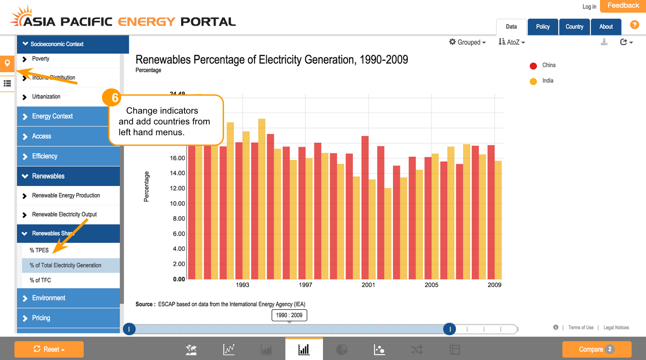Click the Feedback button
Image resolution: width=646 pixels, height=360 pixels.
623,6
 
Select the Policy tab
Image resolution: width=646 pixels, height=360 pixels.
543,27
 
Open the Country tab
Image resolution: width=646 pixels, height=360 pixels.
574,27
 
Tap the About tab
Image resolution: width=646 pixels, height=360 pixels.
606,27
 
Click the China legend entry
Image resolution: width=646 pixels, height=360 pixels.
548,65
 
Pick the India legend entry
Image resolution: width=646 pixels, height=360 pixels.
547,81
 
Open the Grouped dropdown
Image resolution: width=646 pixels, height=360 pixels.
468,42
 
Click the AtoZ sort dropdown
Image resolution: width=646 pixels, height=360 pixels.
512,42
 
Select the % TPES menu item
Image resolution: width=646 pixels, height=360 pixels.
39,250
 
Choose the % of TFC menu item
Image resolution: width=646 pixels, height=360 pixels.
40,280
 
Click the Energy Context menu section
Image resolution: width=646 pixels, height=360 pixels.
52,117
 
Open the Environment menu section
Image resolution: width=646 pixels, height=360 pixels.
49,298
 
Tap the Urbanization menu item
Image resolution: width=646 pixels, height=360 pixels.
46,97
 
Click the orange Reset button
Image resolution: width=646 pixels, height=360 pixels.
49,349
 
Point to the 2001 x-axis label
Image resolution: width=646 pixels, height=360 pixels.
368,285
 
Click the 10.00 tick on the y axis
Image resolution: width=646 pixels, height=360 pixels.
177,204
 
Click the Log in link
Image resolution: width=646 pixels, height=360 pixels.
589,7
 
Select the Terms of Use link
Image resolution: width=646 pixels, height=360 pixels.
580,328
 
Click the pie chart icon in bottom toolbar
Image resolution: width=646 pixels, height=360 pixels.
342,350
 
